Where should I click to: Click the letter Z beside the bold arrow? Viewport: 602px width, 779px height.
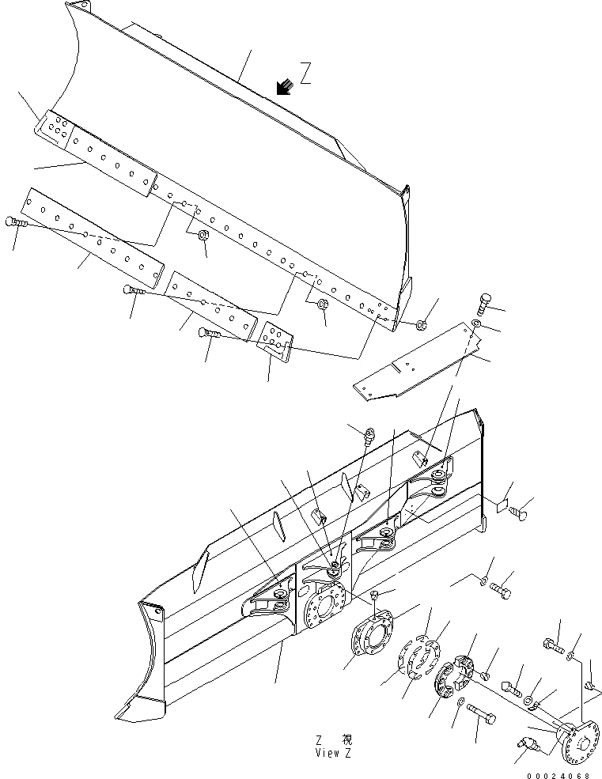(305, 73)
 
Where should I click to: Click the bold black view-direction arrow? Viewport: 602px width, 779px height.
(284, 86)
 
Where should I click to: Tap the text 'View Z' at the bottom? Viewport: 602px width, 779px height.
(333, 753)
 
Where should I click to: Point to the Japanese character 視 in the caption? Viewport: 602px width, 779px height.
(346, 740)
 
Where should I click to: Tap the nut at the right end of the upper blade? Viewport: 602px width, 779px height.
(422, 323)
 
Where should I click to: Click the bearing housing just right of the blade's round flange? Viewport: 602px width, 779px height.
(373, 640)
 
